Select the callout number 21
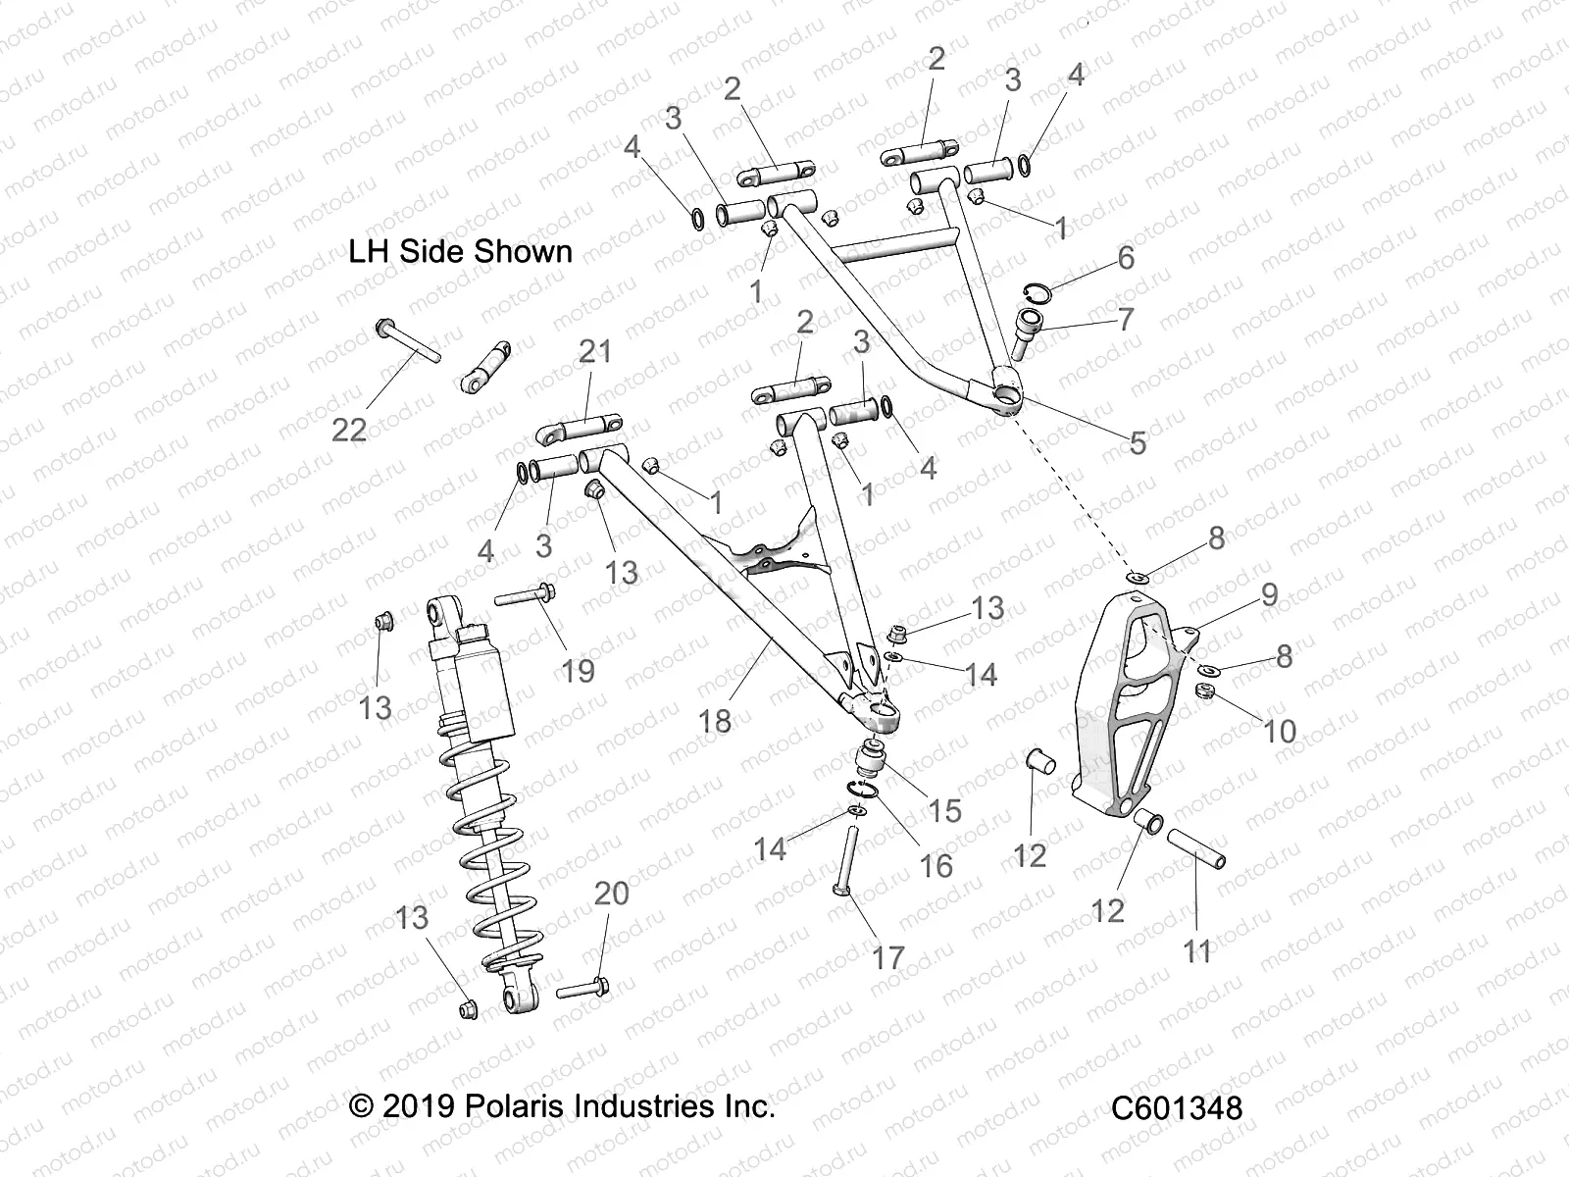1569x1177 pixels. click(x=594, y=350)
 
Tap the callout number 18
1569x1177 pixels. click(x=715, y=721)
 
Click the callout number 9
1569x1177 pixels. click(x=1269, y=594)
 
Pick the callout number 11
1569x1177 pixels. click(x=1196, y=950)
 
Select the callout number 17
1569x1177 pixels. click(x=887, y=957)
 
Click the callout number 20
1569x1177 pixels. click(x=611, y=894)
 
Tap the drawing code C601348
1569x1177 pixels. click(x=1177, y=1108)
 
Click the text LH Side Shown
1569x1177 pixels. click(x=460, y=251)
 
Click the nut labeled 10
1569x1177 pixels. click(x=1207, y=692)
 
